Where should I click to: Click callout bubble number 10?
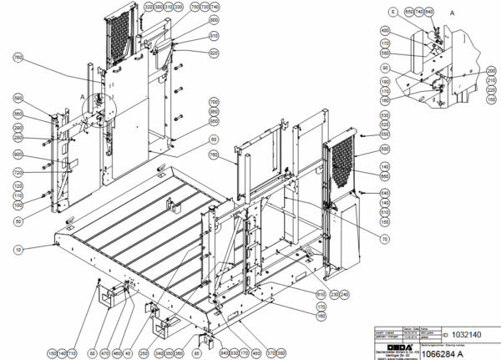[x=18, y=248]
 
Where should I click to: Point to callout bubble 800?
[x=214, y=19]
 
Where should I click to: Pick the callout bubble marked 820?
[x=214, y=53]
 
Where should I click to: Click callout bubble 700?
[x=214, y=101]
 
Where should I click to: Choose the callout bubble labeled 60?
[x=214, y=139]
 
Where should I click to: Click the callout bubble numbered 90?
[x=384, y=67]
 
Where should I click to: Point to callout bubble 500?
[x=384, y=149]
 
